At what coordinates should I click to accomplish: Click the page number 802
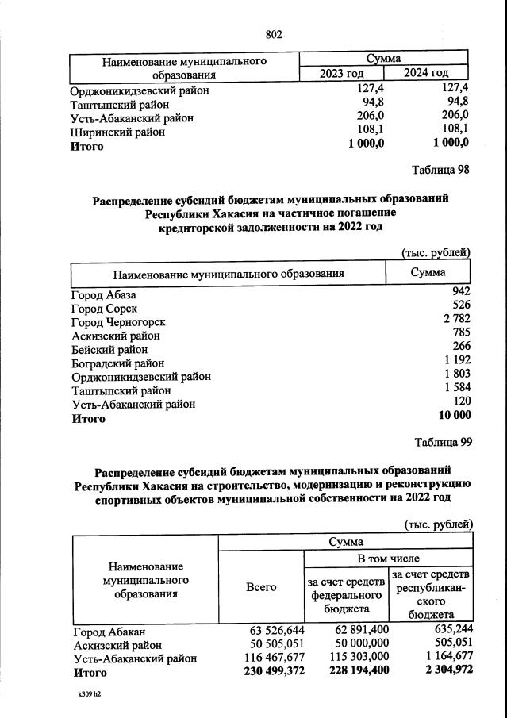tap(274, 34)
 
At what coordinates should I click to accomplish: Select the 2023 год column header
tap(341, 74)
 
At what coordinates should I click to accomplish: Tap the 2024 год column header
tap(427, 74)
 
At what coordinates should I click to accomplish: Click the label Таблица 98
tap(440, 170)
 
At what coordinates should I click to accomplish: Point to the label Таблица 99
tap(443, 442)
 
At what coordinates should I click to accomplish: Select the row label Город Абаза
tap(104, 295)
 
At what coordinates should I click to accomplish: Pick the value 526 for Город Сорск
tap(461, 305)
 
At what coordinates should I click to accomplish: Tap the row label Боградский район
tap(118, 363)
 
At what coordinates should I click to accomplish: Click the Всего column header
tap(261, 587)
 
